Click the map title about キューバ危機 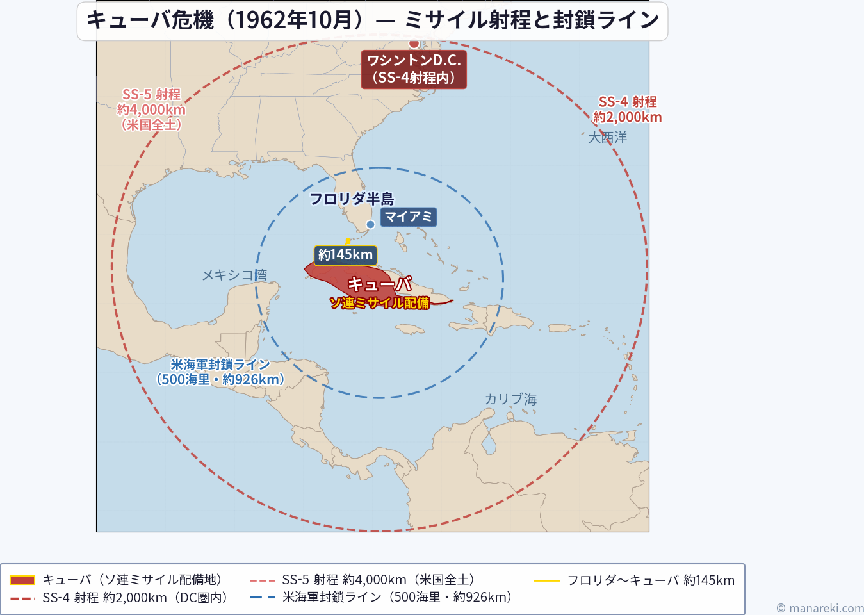[x=372, y=20]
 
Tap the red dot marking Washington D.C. [x=414, y=44]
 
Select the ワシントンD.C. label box [x=414, y=69]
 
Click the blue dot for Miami [x=370, y=224]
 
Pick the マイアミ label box [x=409, y=217]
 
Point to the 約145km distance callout [x=345, y=255]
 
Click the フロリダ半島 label [x=352, y=199]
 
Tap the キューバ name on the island [x=380, y=284]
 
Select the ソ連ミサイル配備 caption [x=380, y=303]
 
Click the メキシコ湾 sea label [x=234, y=275]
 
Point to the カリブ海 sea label [x=510, y=399]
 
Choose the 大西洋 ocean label [x=607, y=137]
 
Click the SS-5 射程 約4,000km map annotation [x=151, y=110]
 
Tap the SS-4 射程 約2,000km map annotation [x=627, y=110]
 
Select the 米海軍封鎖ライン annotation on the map [x=220, y=372]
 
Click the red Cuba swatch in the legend [x=22, y=580]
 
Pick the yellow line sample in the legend [x=546, y=580]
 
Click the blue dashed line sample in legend [x=263, y=598]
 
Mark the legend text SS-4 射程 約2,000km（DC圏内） [x=135, y=598]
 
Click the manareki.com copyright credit [x=820, y=608]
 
